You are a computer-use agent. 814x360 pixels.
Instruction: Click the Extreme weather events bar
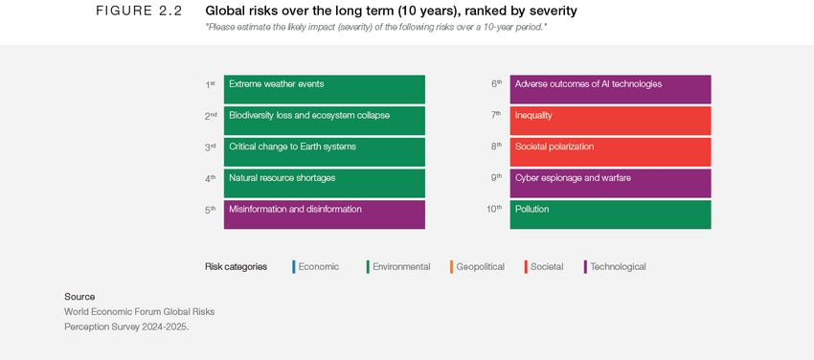(x=324, y=89)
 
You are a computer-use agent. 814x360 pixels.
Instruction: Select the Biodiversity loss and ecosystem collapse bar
(x=324, y=120)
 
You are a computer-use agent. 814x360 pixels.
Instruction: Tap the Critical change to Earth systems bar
(x=324, y=151)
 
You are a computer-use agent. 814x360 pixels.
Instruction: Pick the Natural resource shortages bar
(x=324, y=182)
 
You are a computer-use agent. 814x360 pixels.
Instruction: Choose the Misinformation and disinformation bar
(x=324, y=214)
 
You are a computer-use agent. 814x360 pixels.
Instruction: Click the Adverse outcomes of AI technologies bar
(x=610, y=89)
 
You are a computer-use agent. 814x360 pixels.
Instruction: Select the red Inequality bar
(x=610, y=120)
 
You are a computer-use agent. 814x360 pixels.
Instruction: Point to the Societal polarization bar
(x=610, y=151)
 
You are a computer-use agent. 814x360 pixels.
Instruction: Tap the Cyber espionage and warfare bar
(x=610, y=182)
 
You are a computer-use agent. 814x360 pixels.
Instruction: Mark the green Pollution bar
(x=610, y=214)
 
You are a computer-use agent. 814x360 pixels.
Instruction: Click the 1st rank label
(x=210, y=84)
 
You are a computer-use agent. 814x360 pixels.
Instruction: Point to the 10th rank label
(x=493, y=209)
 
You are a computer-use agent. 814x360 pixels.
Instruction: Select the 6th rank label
(x=496, y=84)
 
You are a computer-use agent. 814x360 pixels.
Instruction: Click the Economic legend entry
(x=317, y=267)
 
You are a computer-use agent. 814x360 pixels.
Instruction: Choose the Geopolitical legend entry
(x=479, y=267)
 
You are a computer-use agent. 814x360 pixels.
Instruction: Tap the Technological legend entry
(x=617, y=267)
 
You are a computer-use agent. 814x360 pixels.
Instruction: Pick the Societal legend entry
(x=546, y=267)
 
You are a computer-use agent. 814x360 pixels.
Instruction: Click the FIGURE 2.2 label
(x=139, y=11)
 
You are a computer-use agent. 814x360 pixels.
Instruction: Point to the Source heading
(x=79, y=297)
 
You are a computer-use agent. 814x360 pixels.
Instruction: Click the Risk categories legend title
(x=236, y=267)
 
